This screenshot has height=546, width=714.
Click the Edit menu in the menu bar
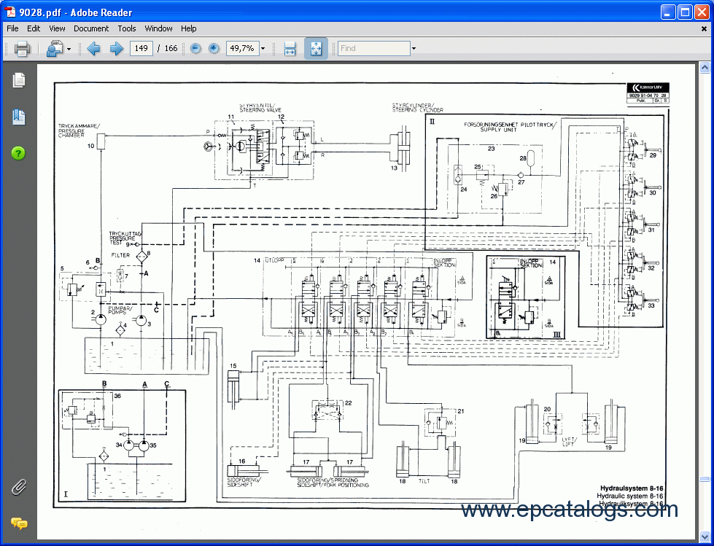(34, 28)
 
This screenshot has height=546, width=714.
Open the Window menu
(158, 28)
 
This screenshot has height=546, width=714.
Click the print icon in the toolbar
(22, 49)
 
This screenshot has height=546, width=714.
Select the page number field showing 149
(140, 49)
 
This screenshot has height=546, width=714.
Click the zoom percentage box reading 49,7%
(241, 49)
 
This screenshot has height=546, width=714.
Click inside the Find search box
(373, 49)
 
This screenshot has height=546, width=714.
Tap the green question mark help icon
(18, 153)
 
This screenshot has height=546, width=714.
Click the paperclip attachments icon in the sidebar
(18, 487)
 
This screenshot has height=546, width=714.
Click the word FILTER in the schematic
(120, 255)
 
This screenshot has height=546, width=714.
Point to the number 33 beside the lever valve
(651, 305)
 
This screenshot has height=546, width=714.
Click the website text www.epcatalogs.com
(570, 510)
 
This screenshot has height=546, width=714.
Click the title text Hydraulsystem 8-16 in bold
(631, 488)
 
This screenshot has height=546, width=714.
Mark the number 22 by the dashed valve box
(348, 403)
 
